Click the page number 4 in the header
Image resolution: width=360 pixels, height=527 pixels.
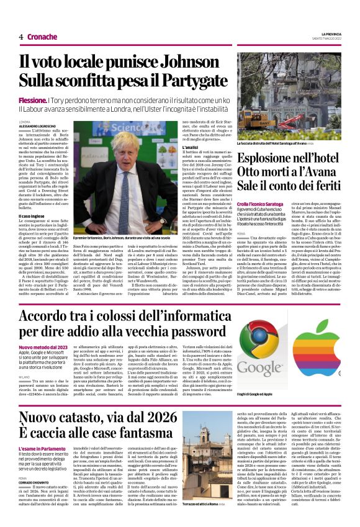click(21, 37)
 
